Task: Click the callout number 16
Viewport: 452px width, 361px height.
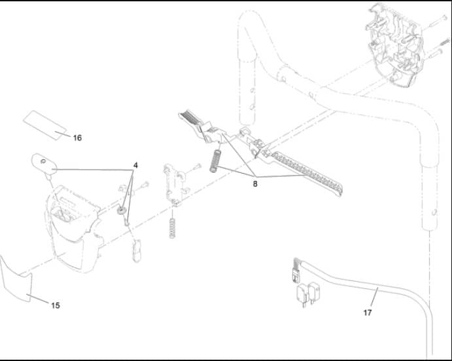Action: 77,138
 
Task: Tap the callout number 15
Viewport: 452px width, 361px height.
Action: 56,305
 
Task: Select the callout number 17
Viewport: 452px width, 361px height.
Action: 367,313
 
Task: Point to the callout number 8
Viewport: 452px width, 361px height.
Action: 255,183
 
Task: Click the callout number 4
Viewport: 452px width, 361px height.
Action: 135,165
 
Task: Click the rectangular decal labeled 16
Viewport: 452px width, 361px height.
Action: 45,124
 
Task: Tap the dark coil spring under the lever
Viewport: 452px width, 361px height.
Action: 215,161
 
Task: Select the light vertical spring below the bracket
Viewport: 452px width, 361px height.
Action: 172,228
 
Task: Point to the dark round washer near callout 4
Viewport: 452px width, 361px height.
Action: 122,210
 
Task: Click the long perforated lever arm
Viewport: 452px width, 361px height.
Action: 305,172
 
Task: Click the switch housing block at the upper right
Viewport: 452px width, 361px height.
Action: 395,45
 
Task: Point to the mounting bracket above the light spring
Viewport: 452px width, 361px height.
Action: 175,185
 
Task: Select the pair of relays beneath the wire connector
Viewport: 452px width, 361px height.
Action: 308,294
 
